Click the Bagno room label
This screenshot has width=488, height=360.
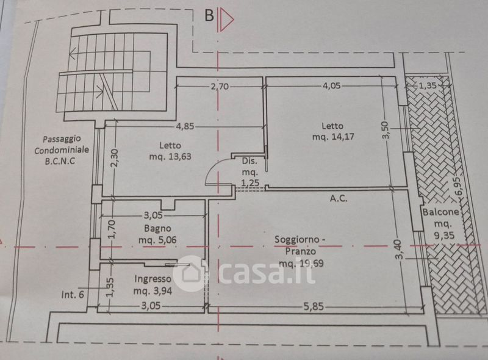click(x=157, y=229)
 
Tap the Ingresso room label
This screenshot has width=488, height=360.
click(x=152, y=279)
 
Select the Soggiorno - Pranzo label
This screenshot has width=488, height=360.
click(x=300, y=245)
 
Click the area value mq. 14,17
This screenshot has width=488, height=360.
click(x=333, y=137)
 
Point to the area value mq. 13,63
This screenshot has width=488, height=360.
click(x=170, y=156)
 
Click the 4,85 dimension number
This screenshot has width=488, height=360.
click(x=185, y=126)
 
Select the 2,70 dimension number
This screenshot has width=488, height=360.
click(x=220, y=86)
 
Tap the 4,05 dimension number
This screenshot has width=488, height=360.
click(x=331, y=85)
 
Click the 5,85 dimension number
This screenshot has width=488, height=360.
click(x=314, y=307)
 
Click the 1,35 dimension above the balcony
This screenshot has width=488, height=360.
click(x=428, y=85)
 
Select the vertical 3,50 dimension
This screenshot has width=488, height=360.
click(x=386, y=130)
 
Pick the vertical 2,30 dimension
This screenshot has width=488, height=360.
click(x=115, y=158)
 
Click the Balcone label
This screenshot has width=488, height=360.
click(x=440, y=212)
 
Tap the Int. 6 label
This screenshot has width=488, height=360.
click(x=73, y=294)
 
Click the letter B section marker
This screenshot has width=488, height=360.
click(x=209, y=15)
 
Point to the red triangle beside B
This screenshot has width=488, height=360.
click(x=226, y=20)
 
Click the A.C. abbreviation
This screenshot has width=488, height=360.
click(x=339, y=198)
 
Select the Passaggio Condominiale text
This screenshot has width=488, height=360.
click(x=62, y=144)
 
